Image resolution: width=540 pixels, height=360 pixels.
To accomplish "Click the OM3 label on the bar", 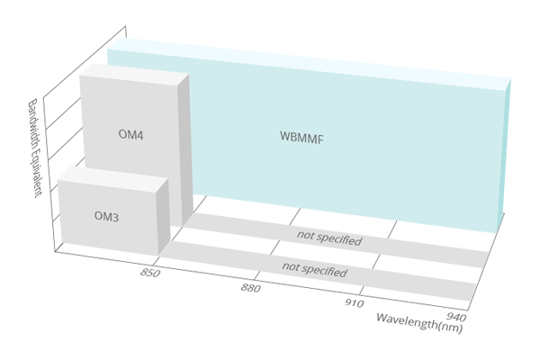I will (107, 217).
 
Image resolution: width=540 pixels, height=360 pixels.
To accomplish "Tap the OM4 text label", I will (131, 135).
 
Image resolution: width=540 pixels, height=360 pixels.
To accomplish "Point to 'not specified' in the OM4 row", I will (329, 240).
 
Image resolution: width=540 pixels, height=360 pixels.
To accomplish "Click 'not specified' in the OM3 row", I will (314, 267).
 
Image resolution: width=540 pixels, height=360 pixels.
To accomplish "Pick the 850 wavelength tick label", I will (151, 272).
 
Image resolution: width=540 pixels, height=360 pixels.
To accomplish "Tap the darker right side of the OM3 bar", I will (163, 220).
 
